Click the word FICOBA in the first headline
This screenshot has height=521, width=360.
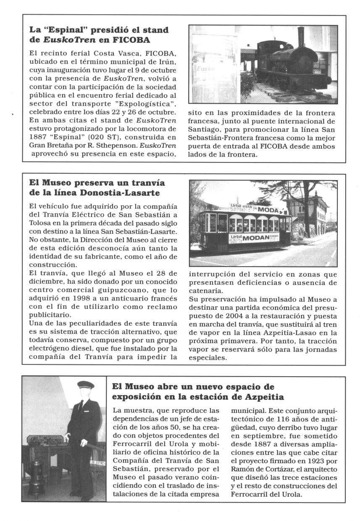(x=131, y=40)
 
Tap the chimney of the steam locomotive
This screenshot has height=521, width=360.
(x=301, y=37)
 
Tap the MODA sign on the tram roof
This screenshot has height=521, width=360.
(x=268, y=209)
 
